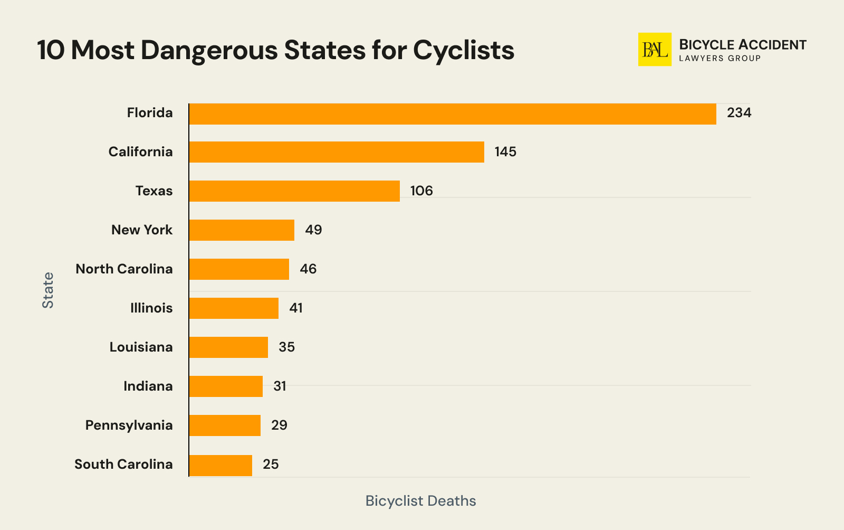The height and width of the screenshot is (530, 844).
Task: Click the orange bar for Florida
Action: pyautogui.click(x=453, y=114)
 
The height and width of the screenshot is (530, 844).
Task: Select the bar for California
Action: pyautogui.click(x=337, y=152)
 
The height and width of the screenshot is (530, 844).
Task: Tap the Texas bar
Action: pyautogui.click(x=294, y=191)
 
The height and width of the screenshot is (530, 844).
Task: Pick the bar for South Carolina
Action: pyautogui.click(x=220, y=465)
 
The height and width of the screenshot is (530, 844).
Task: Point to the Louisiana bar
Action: pyautogui.click(x=228, y=347)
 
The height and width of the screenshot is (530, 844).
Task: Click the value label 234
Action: pyautogui.click(x=738, y=113)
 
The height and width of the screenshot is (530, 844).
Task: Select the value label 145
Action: pyautogui.click(x=505, y=152)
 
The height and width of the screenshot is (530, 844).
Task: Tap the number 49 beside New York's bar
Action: pyautogui.click(x=313, y=230)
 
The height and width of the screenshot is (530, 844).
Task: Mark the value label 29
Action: pyautogui.click(x=279, y=425)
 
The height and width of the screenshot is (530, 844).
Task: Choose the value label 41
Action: pyautogui.click(x=296, y=308)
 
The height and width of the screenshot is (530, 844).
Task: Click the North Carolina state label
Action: pyautogui.click(x=124, y=269)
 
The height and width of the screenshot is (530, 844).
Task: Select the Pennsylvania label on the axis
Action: pyautogui.click(x=129, y=425)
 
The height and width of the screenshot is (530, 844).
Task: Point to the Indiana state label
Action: pyautogui.click(x=148, y=386)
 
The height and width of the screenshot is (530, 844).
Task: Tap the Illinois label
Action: pyautogui.click(x=151, y=308)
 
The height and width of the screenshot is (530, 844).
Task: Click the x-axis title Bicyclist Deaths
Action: pyautogui.click(x=420, y=501)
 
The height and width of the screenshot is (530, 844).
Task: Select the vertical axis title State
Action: pyautogui.click(x=48, y=290)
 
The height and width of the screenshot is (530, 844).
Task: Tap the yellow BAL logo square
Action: pyautogui.click(x=655, y=50)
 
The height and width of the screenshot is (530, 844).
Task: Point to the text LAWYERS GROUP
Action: pyautogui.click(x=720, y=59)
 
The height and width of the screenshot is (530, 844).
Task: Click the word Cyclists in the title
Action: pyautogui.click(x=463, y=51)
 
